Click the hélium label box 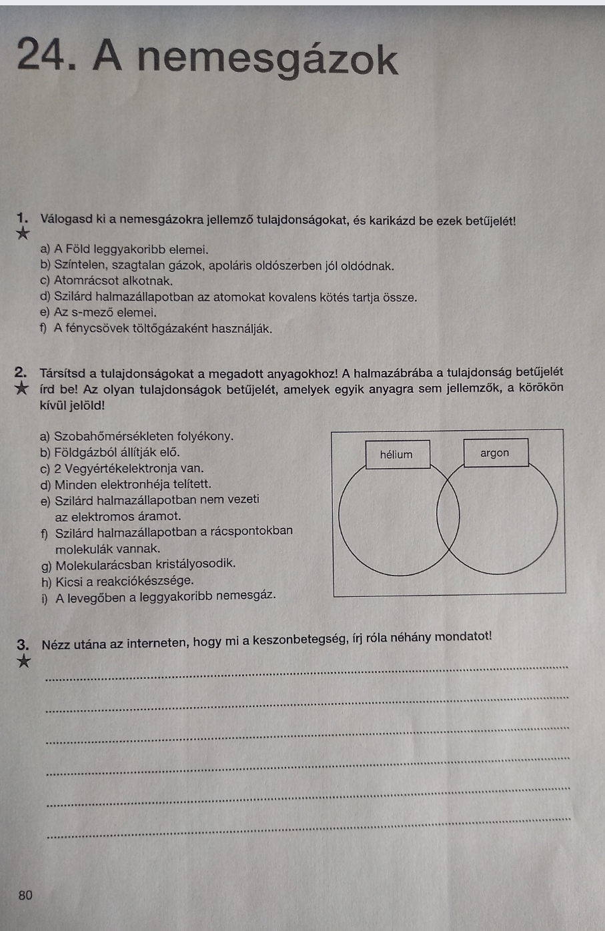(x=397, y=455)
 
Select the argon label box (x=495, y=453)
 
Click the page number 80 (x=25, y=896)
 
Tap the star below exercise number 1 (x=23, y=234)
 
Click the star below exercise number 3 (x=24, y=661)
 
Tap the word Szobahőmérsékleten (x=110, y=436)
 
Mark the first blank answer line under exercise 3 (x=307, y=672)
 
